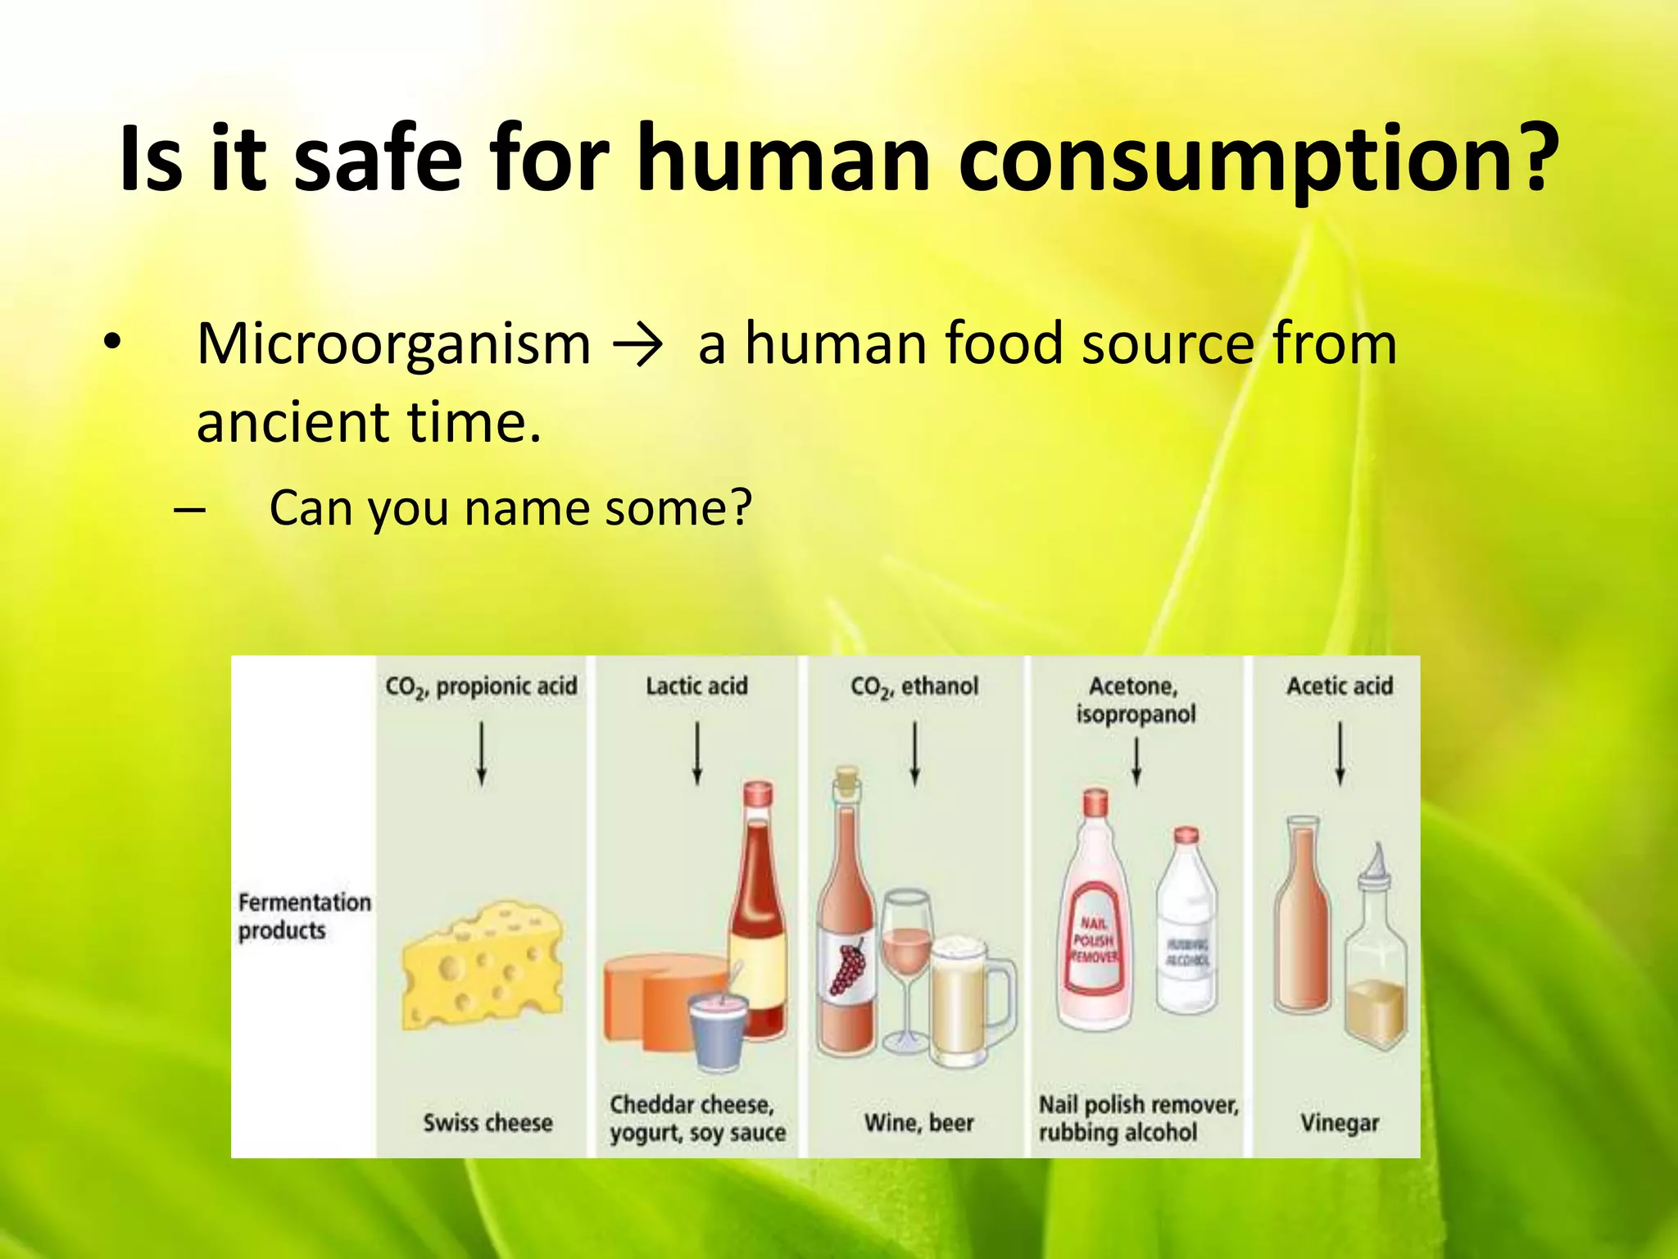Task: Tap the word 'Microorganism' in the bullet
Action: [394, 344]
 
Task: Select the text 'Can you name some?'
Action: [510, 508]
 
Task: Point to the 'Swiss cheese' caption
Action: [488, 1122]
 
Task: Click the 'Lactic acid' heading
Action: [696, 686]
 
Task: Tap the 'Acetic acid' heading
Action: [1340, 686]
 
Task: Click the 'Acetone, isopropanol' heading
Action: [1136, 700]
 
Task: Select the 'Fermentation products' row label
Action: [303, 916]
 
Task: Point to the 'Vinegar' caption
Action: [1340, 1122]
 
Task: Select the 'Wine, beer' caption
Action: [918, 1122]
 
